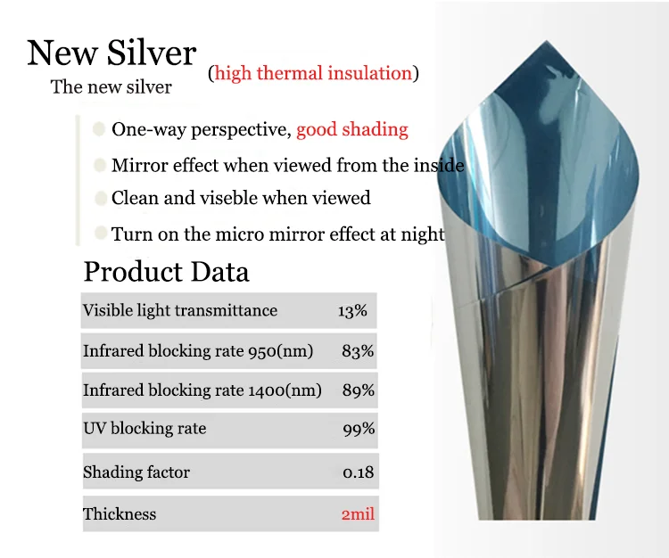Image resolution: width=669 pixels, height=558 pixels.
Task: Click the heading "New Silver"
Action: (x=111, y=53)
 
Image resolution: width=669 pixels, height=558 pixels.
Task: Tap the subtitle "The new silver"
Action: (x=111, y=87)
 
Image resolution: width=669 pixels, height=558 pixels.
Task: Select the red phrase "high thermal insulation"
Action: (x=314, y=73)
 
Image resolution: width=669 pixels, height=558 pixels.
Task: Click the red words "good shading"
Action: (x=352, y=129)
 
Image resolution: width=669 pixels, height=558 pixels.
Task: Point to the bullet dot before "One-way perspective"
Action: (x=99, y=128)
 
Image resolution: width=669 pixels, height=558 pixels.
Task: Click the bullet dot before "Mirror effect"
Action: (x=100, y=165)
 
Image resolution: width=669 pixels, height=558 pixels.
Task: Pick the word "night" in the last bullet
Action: (x=423, y=234)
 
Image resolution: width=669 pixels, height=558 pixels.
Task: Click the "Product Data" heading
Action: (x=166, y=271)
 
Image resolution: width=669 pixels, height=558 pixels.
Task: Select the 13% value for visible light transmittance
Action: (x=352, y=311)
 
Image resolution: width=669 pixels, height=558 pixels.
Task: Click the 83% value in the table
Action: (x=358, y=351)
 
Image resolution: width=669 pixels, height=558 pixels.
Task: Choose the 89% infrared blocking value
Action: (x=358, y=390)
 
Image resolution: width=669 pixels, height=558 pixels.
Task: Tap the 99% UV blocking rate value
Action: (x=359, y=429)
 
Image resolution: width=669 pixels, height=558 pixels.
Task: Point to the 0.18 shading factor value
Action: (x=358, y=472)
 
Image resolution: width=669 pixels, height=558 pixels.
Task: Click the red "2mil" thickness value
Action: (x=358, y=514)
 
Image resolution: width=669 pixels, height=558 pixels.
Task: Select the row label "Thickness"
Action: (x=120, y=514)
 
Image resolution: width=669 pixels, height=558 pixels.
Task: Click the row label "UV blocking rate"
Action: (x=145, y=429)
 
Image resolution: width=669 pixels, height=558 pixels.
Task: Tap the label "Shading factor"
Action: (x=136, y=472)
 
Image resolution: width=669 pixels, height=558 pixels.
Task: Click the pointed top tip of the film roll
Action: (x=547, y=41)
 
